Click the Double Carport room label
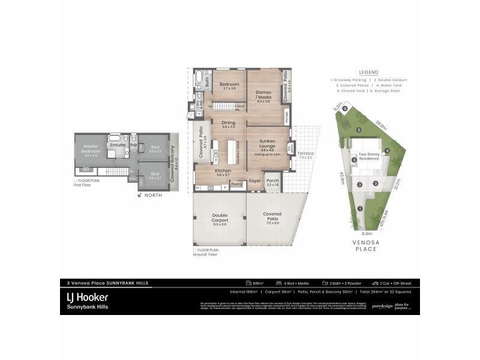[x=220, y=218]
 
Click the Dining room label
[x=228, y=122]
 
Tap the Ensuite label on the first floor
[x=117, y=145]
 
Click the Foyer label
[x=255, y=180]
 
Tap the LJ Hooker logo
[x=86, y=297]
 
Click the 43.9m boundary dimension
[x=341, y=178]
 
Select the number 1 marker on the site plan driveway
[x=360, y=208]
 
